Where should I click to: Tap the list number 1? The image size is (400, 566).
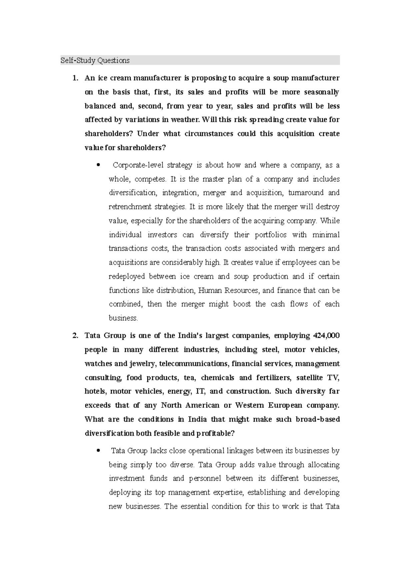(x=75, y=78)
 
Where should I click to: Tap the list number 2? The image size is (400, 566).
(x=75, y=336)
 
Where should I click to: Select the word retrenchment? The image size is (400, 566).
(x=130, y=207)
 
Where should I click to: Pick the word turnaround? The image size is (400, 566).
(x=306, y=193)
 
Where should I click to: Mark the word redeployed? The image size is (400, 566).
(x=127, y=277)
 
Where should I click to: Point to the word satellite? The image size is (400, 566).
(x=310, y=378)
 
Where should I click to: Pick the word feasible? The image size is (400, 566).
(x=161, y=434)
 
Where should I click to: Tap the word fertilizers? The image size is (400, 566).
(x=273, y=378)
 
